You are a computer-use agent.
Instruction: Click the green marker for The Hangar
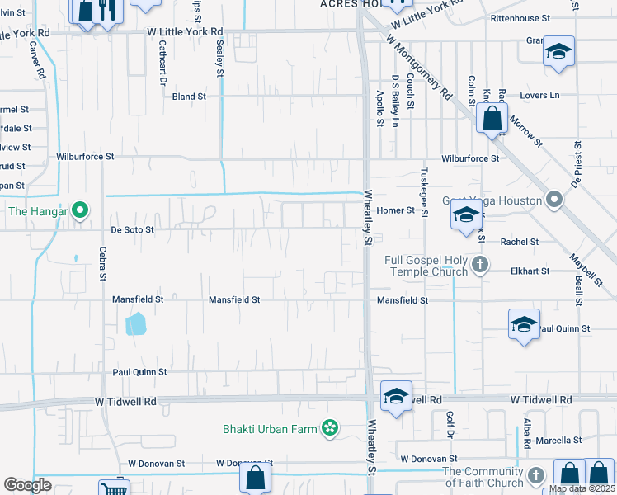[x=80, y=211]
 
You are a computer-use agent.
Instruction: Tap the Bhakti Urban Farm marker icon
[x=330, y=427]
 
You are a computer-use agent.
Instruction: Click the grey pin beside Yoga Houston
[x=555, y=200]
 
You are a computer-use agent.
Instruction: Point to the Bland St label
[x=189, y=97]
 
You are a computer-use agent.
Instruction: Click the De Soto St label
[x=133, y=230]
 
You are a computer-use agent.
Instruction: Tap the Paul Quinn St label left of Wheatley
[x=140, y=372]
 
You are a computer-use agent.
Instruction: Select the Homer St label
[x=395, y=210]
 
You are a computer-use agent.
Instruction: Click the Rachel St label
[x=520, y=243]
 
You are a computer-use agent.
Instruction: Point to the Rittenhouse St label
[x=520, y=18]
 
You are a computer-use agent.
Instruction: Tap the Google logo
[x=28, y=485]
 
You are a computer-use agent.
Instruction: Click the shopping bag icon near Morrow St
[x=492, y=119]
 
